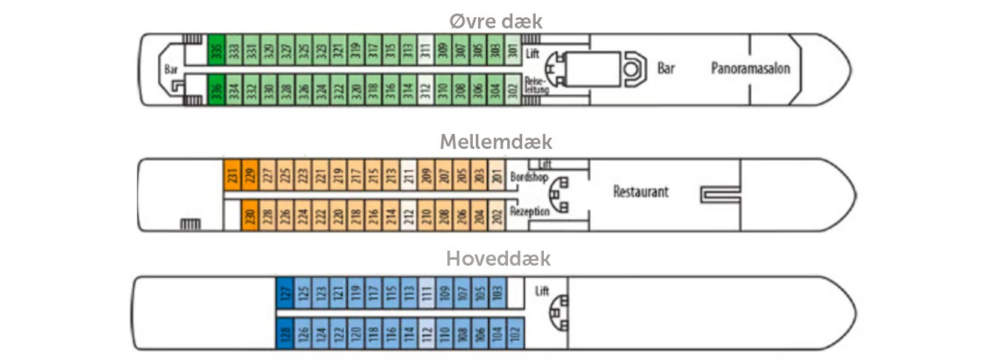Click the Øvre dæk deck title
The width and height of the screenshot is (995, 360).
pyautogui.click(x=496, y=21)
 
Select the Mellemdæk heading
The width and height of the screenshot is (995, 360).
pyautogui.click(x=496, y=141)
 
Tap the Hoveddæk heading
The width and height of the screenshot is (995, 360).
pyautogui.click(x=498, y=259)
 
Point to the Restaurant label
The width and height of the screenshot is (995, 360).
pyautogui.click(x=640, y=192)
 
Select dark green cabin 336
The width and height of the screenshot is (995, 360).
pyautogui.click(x=216, y=91)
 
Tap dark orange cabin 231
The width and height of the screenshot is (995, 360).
pyautogui.click(x=231, y=174)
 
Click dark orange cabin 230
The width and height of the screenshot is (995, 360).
pyautogui.click(x=249, y=215)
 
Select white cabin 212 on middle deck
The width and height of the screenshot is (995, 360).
pyautogui.click(x=408, y=215)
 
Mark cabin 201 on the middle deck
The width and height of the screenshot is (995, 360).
pyautogui.click(x=496, y=174)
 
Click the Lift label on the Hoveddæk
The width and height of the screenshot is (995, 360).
pyautogui.click(x=542, y=291)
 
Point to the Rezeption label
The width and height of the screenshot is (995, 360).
pyautogui.click(x=529, y=212)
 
